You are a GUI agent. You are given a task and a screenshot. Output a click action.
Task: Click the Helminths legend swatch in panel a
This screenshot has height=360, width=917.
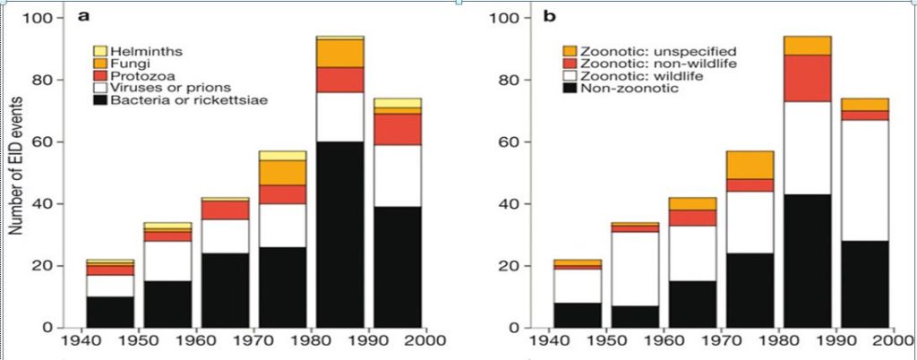point(101,50)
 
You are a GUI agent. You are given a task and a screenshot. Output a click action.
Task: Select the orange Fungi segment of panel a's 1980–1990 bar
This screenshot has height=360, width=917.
point(340,53)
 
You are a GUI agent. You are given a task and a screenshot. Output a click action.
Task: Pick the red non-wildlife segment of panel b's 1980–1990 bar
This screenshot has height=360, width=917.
point(807,78)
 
